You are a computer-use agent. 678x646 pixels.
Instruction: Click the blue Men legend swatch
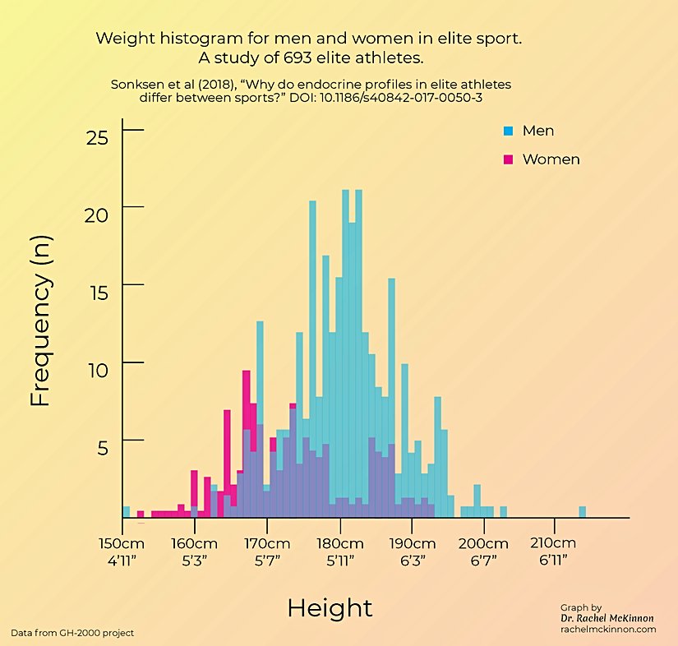tap(507, 131)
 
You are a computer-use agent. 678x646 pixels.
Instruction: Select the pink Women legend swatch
tap(507, 159)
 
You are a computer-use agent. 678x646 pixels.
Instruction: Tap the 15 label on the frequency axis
tap(99, 292)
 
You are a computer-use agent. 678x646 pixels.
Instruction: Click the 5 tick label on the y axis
tap(104, 447)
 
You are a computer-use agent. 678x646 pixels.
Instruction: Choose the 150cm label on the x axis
tap(122, 544)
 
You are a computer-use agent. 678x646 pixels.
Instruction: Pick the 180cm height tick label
tap(339, 544)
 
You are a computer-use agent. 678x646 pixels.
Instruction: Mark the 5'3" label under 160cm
tap(194, 561)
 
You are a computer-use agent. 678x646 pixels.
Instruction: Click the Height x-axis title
tap(330, 608)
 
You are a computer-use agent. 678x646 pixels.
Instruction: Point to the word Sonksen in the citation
tap(135, 84)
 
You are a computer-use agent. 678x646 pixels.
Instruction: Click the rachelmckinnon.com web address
tap(608, 629)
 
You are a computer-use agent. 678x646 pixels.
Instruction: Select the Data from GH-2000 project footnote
tap(72, 632)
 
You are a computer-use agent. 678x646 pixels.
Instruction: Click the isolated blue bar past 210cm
tap(582, 512)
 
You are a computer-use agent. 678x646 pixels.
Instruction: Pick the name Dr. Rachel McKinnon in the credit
tap(608, 617)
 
